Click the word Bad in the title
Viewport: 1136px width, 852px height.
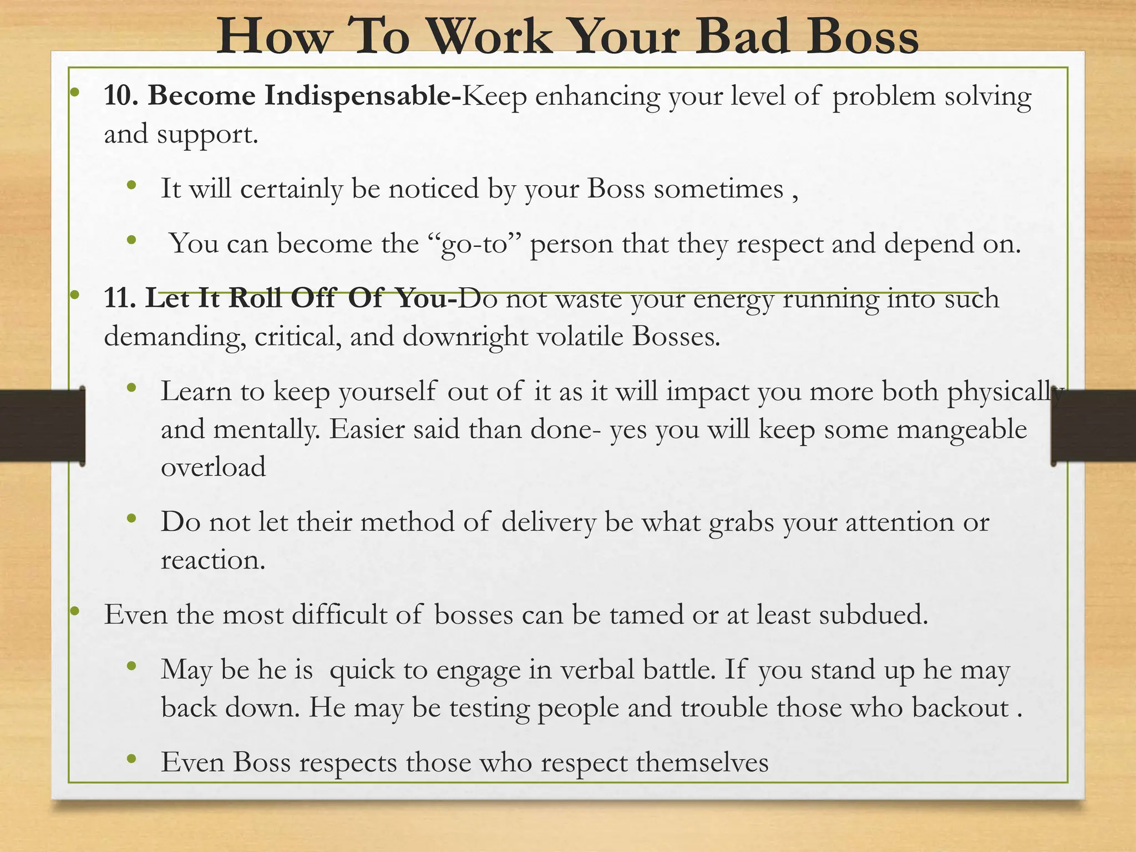tap(742, 37)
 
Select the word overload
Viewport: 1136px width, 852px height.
tap(213, 467)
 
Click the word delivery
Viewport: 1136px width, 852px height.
tap(549, 523)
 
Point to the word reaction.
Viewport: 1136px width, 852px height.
tap(213, 560)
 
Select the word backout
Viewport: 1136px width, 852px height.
tap(960, 708)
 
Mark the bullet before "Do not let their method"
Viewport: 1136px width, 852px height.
tap(131, 519)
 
